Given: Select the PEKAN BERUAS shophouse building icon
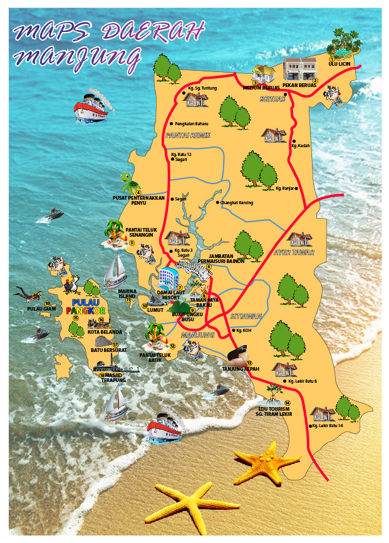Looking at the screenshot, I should (299, 68).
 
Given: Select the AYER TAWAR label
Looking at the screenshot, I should (294, 252).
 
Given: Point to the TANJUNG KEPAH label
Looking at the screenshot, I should (241, 369).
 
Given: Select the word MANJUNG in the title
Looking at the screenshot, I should (76, 57).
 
